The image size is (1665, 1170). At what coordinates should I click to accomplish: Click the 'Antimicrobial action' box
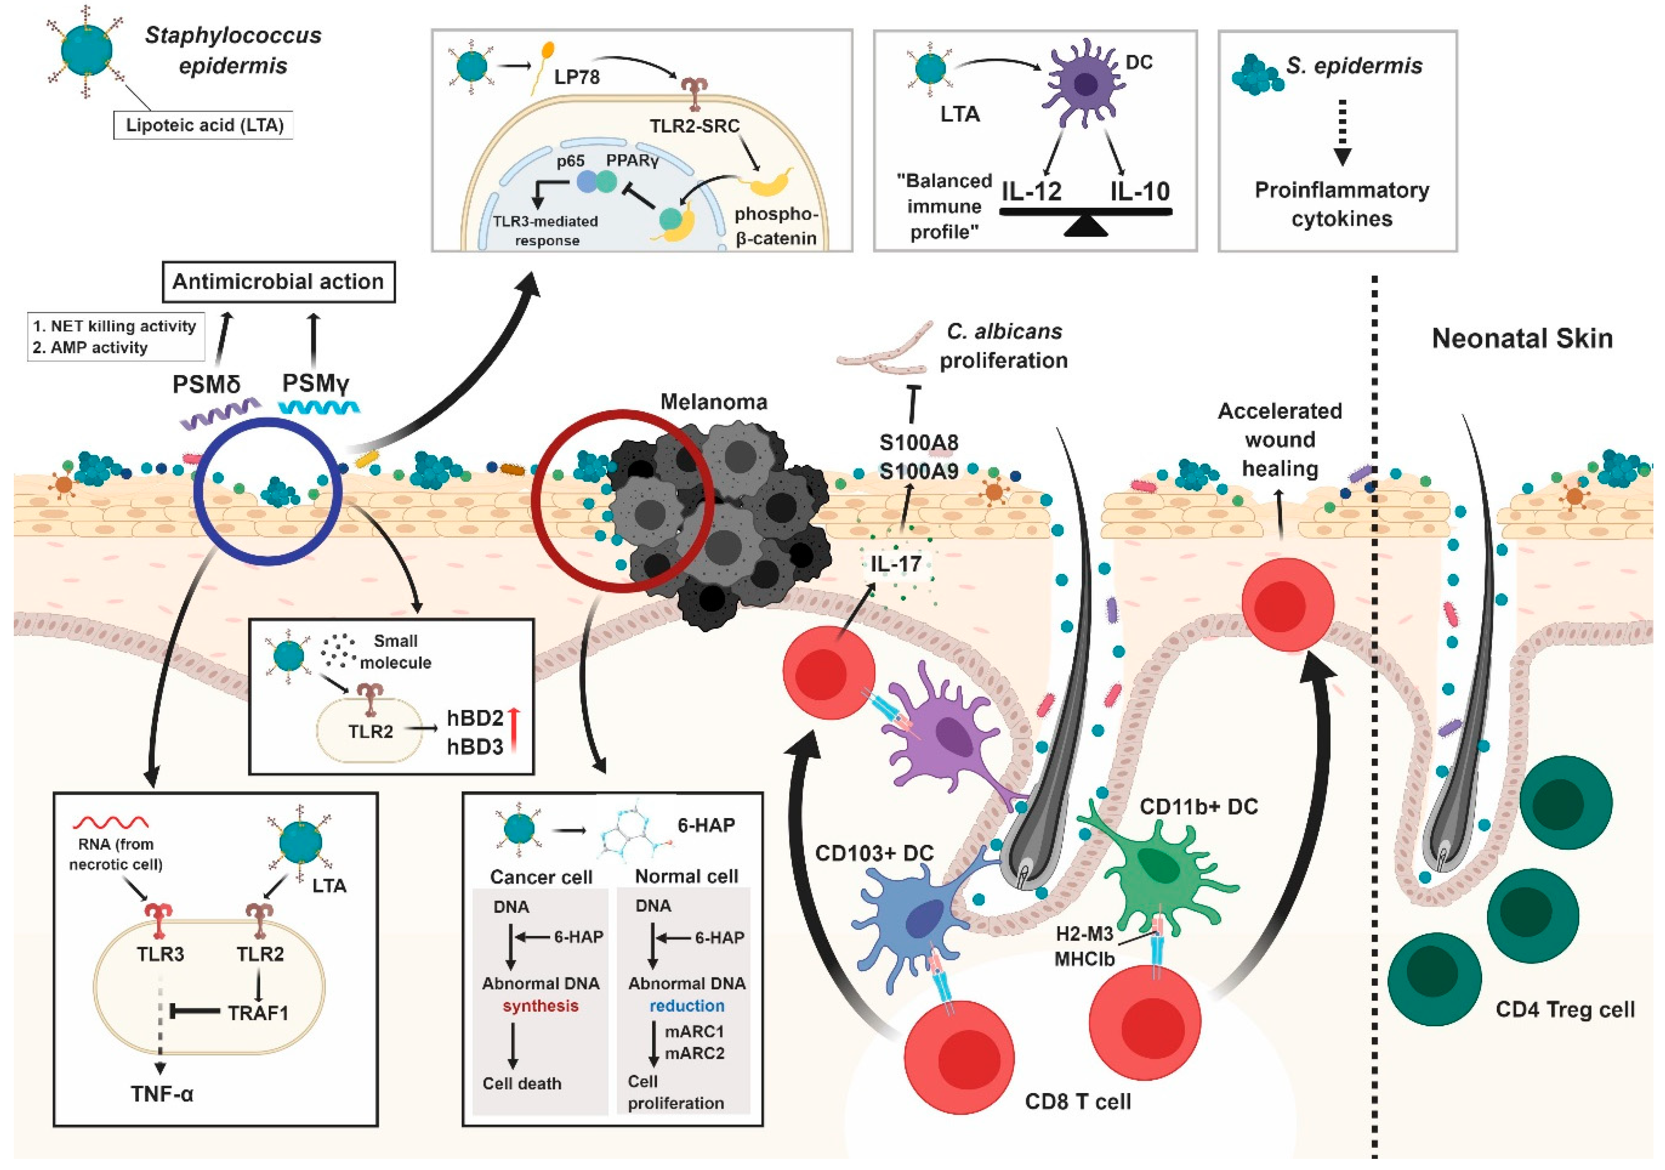pos(278,282)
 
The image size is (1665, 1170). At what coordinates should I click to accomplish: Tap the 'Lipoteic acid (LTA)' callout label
pos(204,125)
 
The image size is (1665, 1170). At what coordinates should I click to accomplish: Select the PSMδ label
pos(206,384)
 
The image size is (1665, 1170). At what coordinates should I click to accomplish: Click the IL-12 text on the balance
pos(1031,191)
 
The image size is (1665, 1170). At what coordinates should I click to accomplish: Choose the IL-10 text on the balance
pos(1140,191)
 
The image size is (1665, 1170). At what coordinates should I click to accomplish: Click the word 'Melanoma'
pos(714,402)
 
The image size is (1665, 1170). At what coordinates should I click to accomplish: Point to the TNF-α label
pos(162,1094)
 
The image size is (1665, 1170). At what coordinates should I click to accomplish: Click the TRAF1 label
pos(258,1013)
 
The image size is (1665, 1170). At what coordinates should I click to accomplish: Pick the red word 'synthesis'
pos(541,1006)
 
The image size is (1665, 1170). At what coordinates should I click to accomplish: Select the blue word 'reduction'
pos(687,1006)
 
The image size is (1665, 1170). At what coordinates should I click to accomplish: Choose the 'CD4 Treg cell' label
pos(1565,1010)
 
